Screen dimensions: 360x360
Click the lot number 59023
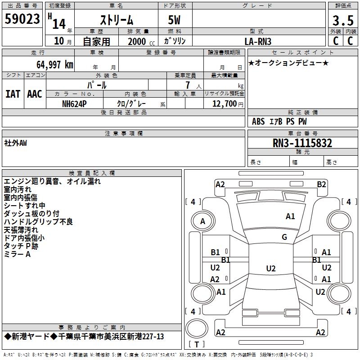click(x=22, y=19)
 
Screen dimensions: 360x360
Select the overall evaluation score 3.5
click(x=342, y=20)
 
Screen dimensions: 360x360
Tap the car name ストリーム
click(x=116, y=20)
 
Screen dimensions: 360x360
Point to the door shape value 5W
click(x=175, y=20)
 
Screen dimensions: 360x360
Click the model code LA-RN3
click(x=258, y=41)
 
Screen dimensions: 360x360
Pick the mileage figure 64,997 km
click(x=51, y=64)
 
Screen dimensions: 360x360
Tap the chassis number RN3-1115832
click(x=302, y=143)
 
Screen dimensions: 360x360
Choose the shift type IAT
click(x=13, y=94)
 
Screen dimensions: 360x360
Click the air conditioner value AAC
click(x=34, y=94)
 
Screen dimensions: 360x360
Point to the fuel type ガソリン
click(x=175, y=41)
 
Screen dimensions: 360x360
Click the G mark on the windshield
click(x=284, y=237)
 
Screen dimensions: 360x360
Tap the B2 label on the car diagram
click(x=321, y=184)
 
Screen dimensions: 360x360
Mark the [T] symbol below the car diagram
click(x=196, y=344)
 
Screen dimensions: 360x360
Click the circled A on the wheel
click(x=202, y=221)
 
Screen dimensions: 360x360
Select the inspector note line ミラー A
click(x=17, y=254)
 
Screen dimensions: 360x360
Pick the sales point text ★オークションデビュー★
click(x=288, y=63)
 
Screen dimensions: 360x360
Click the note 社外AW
click(x=16, y=143)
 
